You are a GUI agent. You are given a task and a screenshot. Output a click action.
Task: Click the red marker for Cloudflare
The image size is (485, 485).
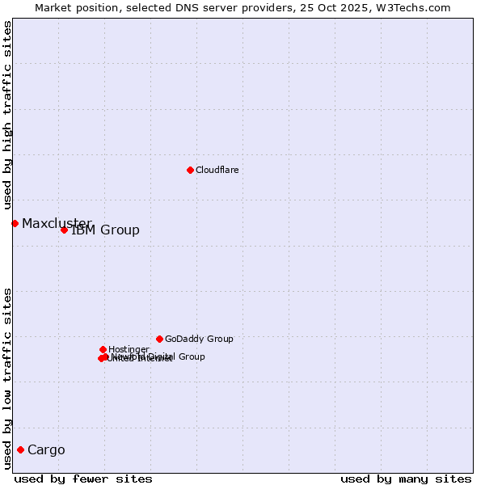[190, 170]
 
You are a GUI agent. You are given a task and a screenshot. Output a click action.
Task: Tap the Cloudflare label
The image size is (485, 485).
[217, 170]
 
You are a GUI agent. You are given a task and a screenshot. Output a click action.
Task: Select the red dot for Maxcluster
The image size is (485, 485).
[15, 223]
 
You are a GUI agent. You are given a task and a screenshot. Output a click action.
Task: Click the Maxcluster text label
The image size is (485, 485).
[57, 223]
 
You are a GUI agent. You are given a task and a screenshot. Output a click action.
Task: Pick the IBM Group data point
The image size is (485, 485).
[64, 230]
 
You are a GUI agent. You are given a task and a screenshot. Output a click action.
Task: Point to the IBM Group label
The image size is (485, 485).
[106, 230]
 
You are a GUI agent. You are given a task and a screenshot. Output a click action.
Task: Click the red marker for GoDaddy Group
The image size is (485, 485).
[159, 339]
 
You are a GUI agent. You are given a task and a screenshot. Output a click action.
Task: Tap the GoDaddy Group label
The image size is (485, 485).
[199, 339]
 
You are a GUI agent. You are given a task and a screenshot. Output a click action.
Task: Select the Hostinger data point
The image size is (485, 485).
[103, 349]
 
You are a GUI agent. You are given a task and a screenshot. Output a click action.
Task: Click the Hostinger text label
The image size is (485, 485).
[129, 349]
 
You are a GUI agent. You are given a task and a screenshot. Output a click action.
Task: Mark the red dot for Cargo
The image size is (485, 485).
[20, 449]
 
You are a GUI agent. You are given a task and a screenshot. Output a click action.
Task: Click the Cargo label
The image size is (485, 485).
[46, 450]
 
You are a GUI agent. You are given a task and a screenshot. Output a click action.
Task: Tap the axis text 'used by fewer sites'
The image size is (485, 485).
[83, 479]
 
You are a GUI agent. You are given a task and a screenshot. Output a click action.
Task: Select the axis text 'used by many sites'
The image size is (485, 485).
[406, 479]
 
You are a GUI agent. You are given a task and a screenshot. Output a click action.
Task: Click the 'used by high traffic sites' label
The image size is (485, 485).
[7, 116]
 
